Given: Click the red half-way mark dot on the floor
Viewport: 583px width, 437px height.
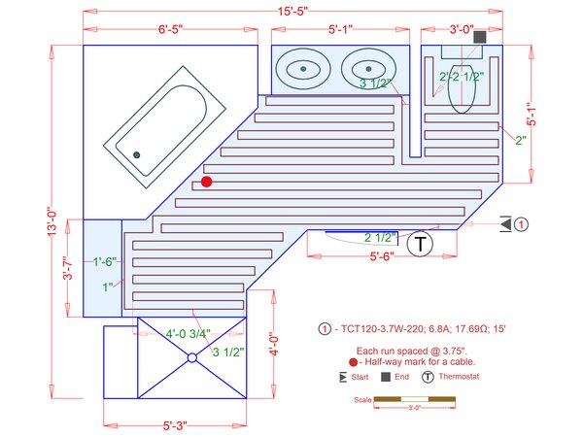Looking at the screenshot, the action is pyautogui.click(x=207, y=182).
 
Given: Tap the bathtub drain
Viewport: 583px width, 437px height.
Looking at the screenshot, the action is pyautogui.click(x=136, y=154).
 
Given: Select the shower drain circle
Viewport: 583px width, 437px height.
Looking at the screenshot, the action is pyautogui.click(x=191, y=357).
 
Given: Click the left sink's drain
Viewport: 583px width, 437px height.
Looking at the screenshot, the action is pyautogui.click(x=303, y=69).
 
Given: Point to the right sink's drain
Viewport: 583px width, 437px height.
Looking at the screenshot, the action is pyautogui.click(x=368, y=69).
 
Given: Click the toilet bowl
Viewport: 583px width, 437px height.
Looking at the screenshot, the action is pyautogui.click(x=462, y=89).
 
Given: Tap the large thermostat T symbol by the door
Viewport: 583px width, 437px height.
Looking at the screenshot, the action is pyautogui.click(x=420, y=244).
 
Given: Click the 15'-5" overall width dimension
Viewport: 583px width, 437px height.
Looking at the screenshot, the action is pyautogui.click(x=293, y=11).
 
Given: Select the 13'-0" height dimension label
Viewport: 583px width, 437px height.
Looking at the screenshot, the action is pyautogui.click(x=52, y=221).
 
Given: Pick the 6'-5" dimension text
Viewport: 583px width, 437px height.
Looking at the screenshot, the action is pyautogui.click(x=171, y=29).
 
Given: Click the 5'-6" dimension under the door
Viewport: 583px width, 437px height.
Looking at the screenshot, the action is pyautogui.click(x=382, y=256).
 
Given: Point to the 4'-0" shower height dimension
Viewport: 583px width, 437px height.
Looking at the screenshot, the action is pyautogui.click(x=274, y=344).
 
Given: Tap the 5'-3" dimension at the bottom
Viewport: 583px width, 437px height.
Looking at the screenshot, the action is pyautogui.click(x=175, y=425).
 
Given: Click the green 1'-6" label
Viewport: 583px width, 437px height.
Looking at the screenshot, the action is pyautogui.click(x=105, y=261).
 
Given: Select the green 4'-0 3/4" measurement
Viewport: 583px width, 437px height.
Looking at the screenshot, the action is pyautogui.click(x=189, y=334).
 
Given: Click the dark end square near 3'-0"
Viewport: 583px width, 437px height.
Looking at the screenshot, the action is pyautogui.click(x=480, y=37).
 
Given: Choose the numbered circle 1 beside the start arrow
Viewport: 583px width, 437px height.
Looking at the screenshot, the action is pyautogui.click(x=521, y=224).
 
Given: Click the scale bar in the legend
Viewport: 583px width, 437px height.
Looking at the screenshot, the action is pyautogui.click(x=415, y=399).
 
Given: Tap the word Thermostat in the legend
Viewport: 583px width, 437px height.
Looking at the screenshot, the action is pyautogui.click(x=459, y=377).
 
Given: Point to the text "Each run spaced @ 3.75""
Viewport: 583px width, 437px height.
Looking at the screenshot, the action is pyautogui.click(x=412, y=351).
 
